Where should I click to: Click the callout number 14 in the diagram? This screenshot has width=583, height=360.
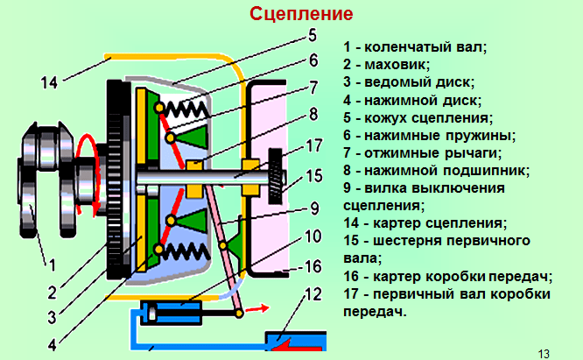(x=49, y=83)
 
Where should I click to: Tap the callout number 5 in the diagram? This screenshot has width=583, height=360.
(x=312, y=37)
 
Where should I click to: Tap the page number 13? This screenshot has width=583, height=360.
(x=544, y=352)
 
